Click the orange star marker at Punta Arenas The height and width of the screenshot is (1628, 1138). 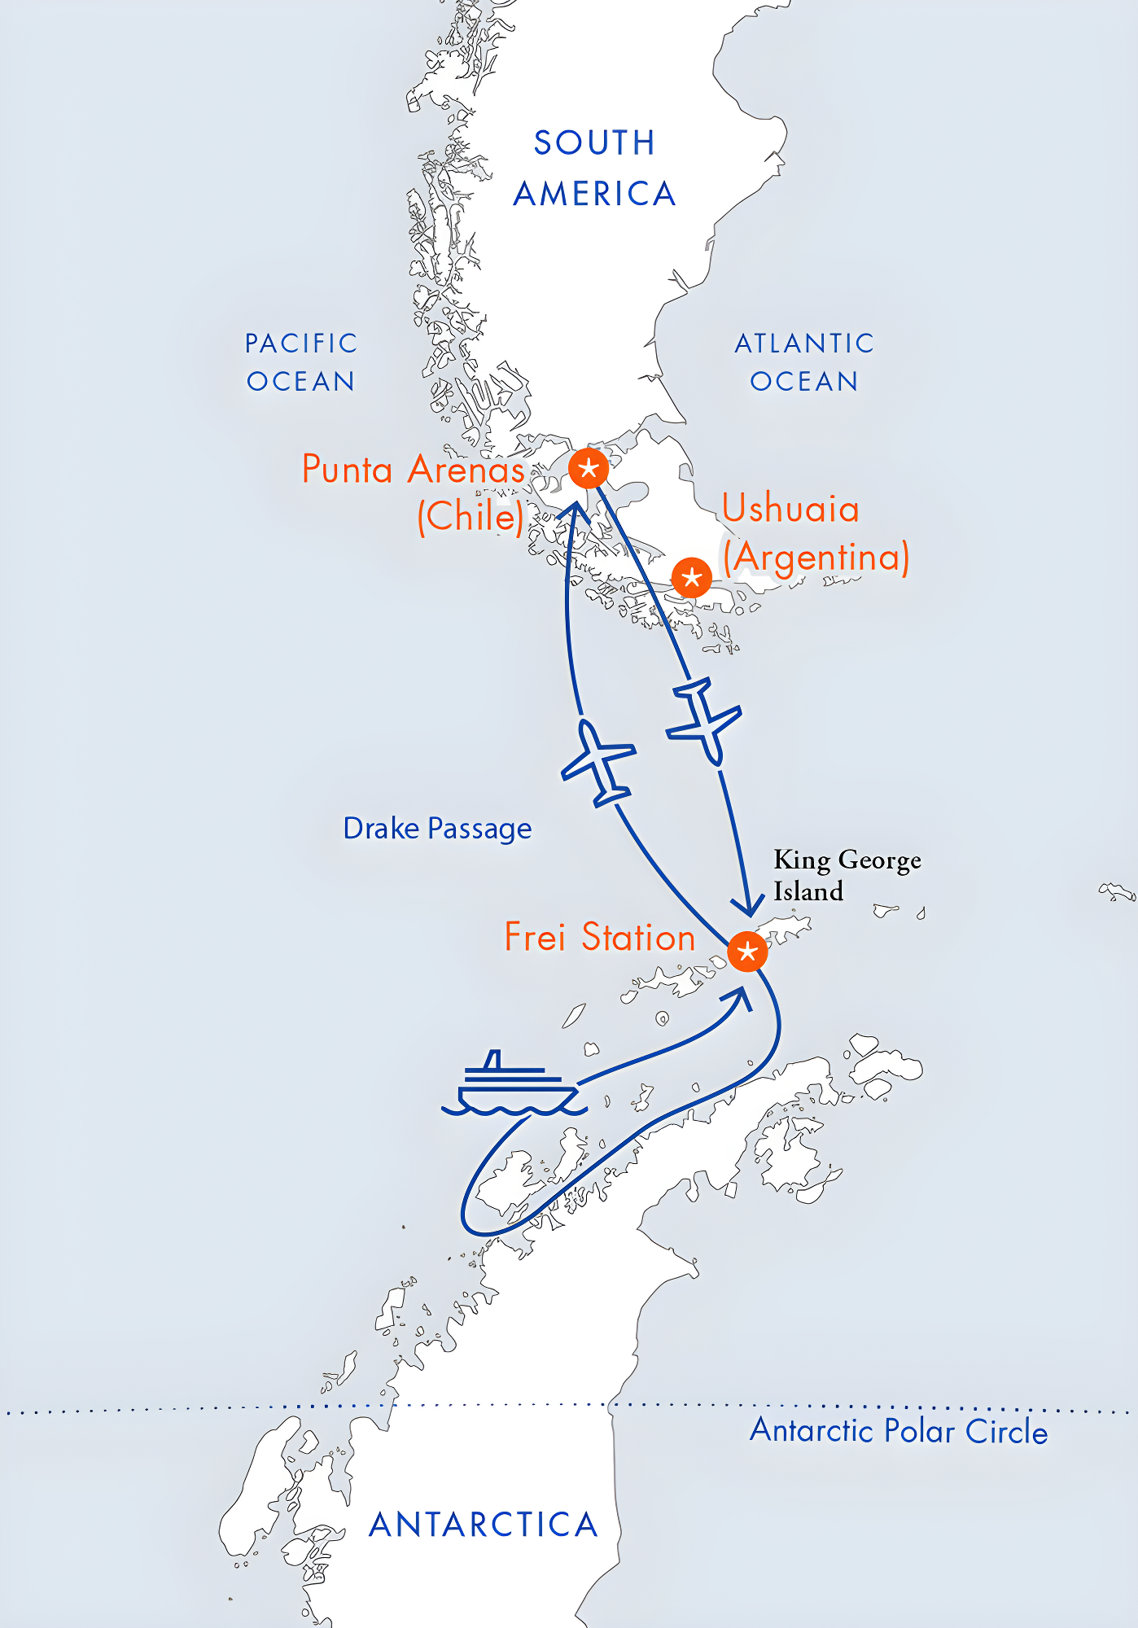589,468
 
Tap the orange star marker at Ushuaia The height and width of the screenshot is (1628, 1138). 692,578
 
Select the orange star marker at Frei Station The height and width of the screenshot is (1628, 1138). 747,952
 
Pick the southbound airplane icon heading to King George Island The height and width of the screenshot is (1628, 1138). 703,720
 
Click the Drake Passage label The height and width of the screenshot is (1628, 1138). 437,829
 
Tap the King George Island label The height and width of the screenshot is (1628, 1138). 847,875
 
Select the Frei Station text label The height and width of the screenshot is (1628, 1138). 600,937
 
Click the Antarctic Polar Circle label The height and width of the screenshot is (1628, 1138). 899,1431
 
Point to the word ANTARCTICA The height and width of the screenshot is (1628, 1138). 484,1525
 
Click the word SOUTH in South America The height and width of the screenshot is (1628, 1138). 594,143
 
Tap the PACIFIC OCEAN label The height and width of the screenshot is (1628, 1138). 301,362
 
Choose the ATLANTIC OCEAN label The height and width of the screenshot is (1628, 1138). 804,362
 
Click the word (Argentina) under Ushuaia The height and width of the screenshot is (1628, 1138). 816,558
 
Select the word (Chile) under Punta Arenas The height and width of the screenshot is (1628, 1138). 471,516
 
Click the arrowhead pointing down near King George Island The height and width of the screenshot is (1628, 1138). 746,904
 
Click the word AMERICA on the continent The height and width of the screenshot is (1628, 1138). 595,194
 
